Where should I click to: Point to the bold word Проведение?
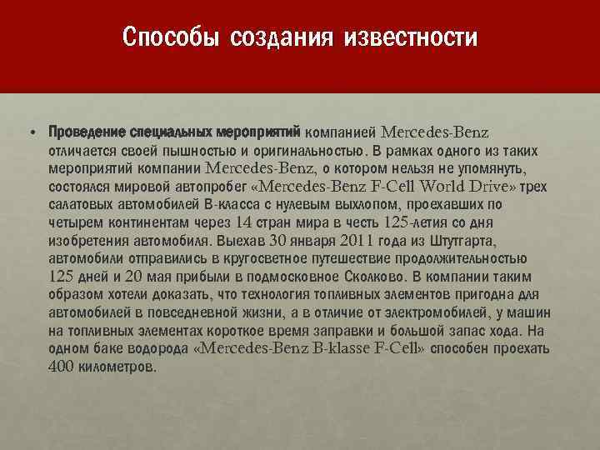pyautogui.click(x=87, y=132)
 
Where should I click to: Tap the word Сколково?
pyautogui.click(x=368, y=276)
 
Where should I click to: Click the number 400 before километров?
pyautogui.click(x=64, y=367)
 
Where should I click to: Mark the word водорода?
pyautogui.click(x=157, y=351)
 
